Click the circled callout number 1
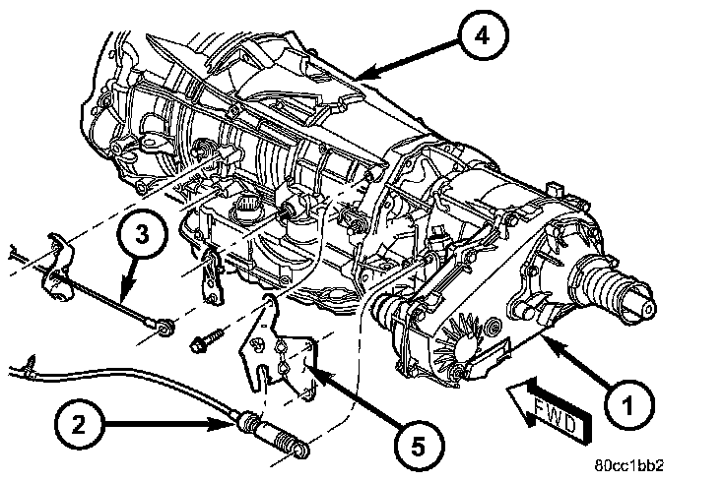[x=625, y=402]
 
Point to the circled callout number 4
[x=480, y=37]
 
